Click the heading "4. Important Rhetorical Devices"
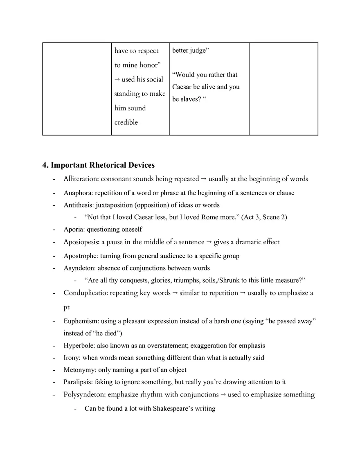[x=99, y=165]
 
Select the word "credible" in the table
[x=126, y=122]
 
